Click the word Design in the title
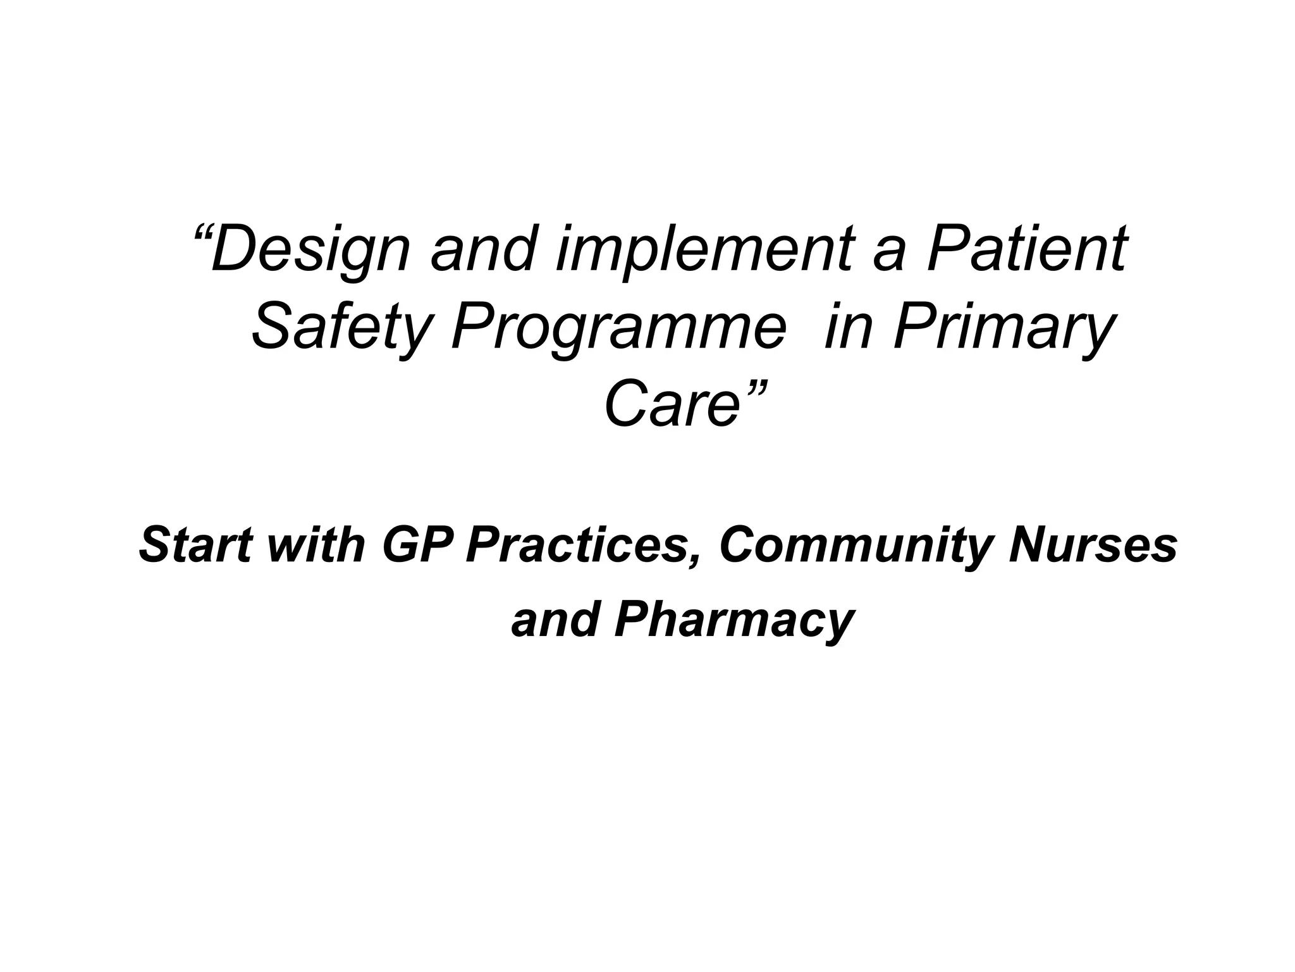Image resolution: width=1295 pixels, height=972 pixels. pos(310,250)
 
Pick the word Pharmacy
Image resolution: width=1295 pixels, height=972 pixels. pos(734,621)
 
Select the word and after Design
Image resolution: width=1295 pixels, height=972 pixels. pos(480,250)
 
